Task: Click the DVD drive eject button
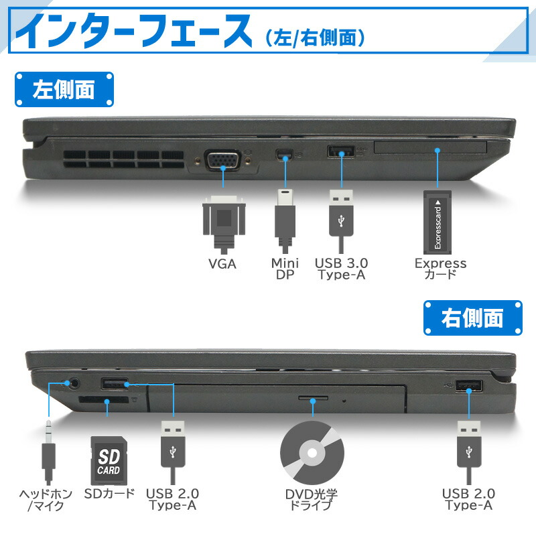pos(313,399)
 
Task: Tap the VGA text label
pos(222,263)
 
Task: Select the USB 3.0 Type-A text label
pos(342,269)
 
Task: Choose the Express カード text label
pos(440,269)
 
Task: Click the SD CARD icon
pos(109,460)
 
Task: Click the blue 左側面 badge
pos(64,90)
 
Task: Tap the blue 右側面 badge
pos(472,318)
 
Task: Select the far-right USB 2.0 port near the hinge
pos(468,387)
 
